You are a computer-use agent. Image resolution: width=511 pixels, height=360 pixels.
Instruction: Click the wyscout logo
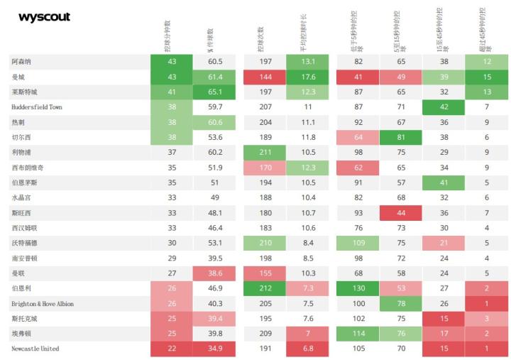coord(44,17)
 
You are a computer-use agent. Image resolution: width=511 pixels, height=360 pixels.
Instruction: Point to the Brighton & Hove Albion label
coord(43,303)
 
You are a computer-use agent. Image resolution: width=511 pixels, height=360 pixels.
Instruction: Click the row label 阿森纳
coord(21,62)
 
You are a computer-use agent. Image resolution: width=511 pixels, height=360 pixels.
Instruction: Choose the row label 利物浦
coord(21,152)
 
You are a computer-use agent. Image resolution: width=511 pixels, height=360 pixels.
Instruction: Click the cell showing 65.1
coord(215,92)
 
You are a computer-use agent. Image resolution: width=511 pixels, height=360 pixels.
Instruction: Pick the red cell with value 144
coord(267,77)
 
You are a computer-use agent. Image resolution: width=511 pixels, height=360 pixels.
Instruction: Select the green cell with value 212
coord(267,288)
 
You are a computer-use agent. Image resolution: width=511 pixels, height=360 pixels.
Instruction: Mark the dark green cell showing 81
coord(401,137)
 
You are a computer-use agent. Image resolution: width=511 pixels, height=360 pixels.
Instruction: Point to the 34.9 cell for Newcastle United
coord(215,349)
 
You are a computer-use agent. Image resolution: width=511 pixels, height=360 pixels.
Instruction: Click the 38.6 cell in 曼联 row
coord(215,273)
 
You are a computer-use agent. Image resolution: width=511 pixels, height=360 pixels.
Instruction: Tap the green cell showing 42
coord(444,107)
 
